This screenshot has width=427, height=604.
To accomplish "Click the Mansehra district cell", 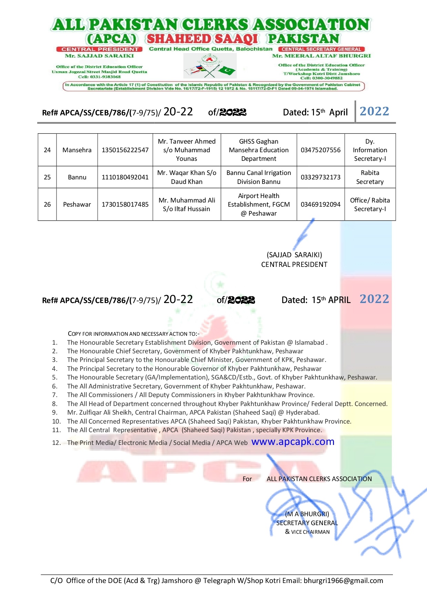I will coord(77,150).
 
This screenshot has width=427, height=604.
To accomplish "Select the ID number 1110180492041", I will coord(125,177).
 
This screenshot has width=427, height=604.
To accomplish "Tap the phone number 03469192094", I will coord(321,205).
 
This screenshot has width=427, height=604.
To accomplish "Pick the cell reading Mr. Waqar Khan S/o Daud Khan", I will coord(187,177).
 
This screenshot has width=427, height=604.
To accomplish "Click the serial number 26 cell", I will coord(47,205).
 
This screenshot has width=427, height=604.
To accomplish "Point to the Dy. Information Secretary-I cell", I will coord(370,150).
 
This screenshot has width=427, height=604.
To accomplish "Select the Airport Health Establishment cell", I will coord(259,205).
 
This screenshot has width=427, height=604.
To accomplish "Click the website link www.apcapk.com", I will coord(293,442).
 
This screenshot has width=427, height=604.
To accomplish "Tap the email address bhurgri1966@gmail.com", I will coord(343,581).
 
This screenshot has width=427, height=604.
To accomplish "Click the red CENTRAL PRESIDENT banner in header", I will coord(100,49).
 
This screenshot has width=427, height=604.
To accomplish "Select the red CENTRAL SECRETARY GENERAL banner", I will coord(321,49).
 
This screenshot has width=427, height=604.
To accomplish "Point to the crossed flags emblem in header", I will coord(210,67).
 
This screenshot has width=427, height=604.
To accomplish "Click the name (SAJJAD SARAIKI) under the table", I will coord(294,255).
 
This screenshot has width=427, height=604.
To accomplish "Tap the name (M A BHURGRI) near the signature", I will coord(307,514).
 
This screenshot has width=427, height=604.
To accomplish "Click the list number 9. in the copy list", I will coord(55,413).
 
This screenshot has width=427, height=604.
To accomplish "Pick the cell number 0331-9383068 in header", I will coord(99,77).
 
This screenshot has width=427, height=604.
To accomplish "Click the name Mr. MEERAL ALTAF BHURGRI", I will coord(321,56).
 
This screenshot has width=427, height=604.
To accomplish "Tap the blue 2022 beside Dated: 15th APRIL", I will coord(374,299).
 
